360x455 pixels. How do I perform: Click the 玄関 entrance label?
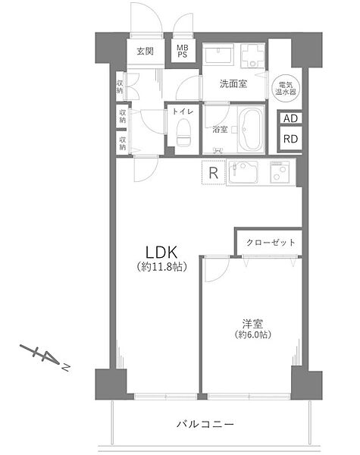(x=145, y=52)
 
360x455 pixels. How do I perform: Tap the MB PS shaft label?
(x=183, y=51)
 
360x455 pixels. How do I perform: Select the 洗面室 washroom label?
(x=233, y=84)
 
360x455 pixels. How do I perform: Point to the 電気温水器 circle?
(x=286, y=88)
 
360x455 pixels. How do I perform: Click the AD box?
(x=290, y=118)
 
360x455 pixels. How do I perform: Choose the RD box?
(x=290, y=139)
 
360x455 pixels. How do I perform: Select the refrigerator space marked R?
(x=214, y=172)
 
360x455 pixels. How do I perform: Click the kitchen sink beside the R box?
(x=243, y=172)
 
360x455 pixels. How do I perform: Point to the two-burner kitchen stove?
(x=280, y=172)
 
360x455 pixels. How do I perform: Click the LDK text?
(x=161, y=253)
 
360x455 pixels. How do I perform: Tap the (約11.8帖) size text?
(x=161, y=267)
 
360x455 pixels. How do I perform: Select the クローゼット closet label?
(x=271, y=243)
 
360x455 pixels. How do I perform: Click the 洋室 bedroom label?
(x=252, y=324)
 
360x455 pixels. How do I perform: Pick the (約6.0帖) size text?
(x=253, y=334)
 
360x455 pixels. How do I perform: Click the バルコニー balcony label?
(x=205, y=425)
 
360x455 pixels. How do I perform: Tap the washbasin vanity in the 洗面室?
(x=218, y=55)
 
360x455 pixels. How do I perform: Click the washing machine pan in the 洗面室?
(x=252, y=55)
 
